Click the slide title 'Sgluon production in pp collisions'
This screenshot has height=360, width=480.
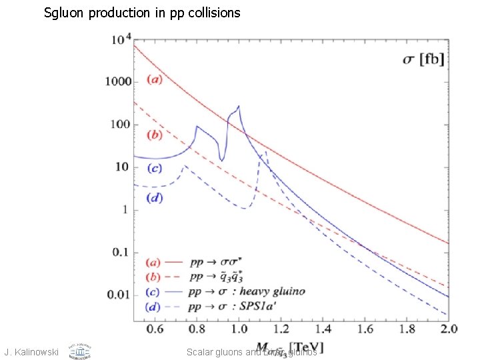pos(141,12)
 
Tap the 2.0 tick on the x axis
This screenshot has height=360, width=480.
pos(449,329)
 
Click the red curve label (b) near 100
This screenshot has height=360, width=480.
pos(153,135)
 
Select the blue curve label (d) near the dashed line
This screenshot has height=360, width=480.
pos(153,197)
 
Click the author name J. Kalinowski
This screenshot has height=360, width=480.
pos(32,351)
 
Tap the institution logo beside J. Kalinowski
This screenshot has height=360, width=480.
pos(79,350)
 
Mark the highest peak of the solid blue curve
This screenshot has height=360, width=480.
pos(239,106)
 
